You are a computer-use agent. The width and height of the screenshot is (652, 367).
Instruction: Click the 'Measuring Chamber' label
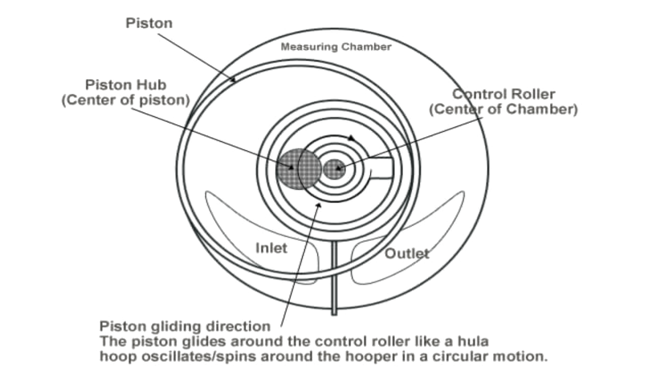click(x=336, y=47)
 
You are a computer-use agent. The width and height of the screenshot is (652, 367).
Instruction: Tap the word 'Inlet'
click(x=271, y=248)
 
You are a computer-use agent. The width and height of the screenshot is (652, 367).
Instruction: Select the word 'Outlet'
click(x=406, y=253)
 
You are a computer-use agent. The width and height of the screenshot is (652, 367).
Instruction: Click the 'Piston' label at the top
click(x=149, y=23)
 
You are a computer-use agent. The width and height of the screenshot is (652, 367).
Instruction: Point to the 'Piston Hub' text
click(x=125, y=85)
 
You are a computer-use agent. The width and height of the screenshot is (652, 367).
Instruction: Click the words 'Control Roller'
click(x=503, y=94)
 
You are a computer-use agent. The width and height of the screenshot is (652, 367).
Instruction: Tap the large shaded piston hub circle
click(x=298, y=169)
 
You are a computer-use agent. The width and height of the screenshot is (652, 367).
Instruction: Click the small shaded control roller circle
click(x=335, y=169)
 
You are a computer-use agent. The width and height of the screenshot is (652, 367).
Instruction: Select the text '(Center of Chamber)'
click(x=503, y=109)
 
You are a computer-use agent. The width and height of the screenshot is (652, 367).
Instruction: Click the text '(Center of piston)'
click(x=125, y=100)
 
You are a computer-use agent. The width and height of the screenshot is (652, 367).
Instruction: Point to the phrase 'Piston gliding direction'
click(x=185, y=326)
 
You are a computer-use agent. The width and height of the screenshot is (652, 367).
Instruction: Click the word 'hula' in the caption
click(x=474, y=340)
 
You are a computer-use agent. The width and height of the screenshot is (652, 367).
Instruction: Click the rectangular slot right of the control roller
click(x=381, y=169)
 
